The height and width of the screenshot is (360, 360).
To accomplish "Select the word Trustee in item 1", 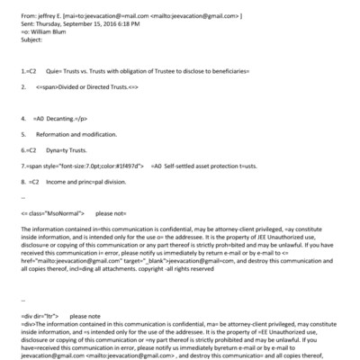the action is pyautogui.click(x=172, y=68).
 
